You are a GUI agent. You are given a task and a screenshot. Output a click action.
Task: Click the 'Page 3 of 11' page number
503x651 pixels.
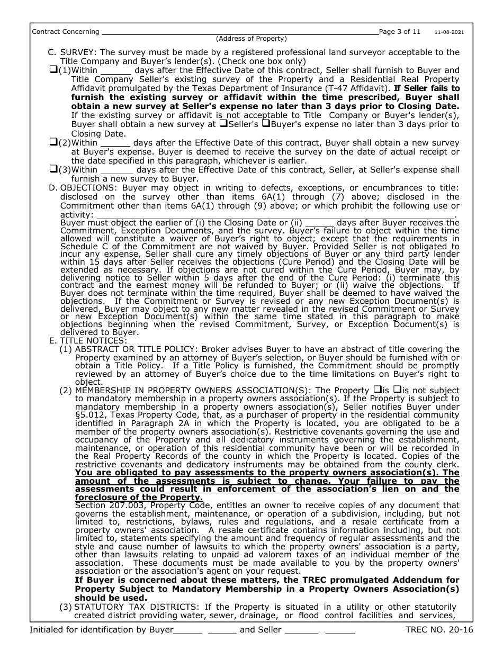[x=400, y=31]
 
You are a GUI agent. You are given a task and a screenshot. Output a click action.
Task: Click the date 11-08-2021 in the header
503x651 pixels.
[x=449, y=32]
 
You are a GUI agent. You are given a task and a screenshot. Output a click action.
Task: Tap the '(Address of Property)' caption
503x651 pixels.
[x=251, y=39]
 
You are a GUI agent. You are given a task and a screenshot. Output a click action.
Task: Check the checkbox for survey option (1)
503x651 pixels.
[x=53, y=70]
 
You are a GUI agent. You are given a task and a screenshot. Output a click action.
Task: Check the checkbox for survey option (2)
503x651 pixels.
[x=53, y=142]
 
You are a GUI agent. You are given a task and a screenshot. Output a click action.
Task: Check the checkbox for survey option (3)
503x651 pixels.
[x=53, y=169]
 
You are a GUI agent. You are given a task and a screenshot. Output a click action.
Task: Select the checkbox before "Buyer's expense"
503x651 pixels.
[x=266, y=124]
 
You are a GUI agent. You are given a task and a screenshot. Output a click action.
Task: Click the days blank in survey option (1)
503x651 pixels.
[x=115, y=70]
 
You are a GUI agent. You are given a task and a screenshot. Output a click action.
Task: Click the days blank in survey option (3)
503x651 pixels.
[x=116, y=170]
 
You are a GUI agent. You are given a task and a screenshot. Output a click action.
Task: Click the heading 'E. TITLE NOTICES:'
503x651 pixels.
[x=88, y=340]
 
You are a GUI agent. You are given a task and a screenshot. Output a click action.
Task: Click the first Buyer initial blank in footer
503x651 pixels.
[x=187, y=630]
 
